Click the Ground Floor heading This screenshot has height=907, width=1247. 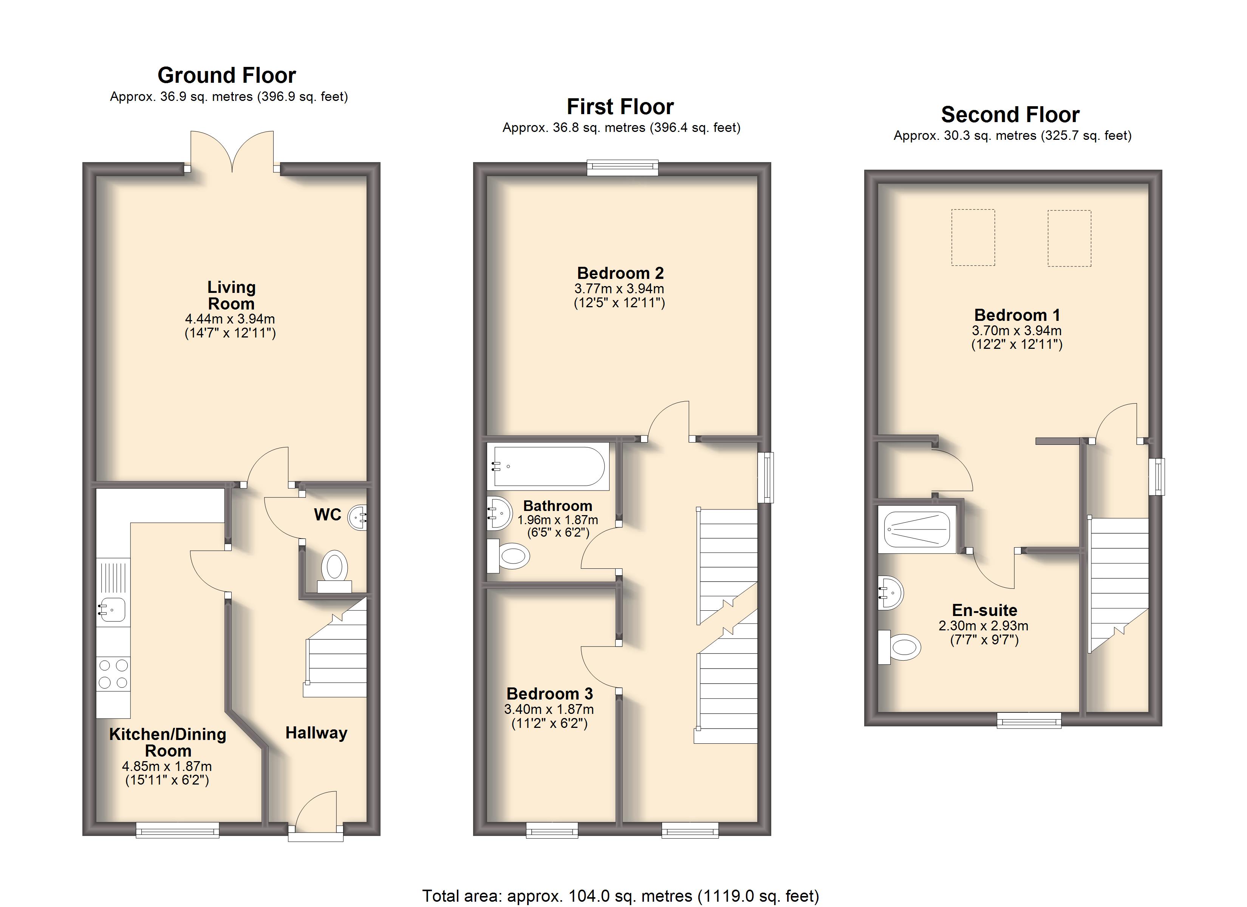click(x=226, y=75)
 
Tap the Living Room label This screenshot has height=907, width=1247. click(x=231, y=296)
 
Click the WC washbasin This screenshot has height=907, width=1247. click(x=357, y=517)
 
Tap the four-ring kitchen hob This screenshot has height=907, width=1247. click(x=113, y=674)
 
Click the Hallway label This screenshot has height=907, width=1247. click(x=316, y=733)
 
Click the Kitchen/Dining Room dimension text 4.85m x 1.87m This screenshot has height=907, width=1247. click(x=167, y=766)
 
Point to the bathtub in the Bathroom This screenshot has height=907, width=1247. click(x=549, y=466)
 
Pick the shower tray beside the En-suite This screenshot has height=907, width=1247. click(x=917, y=530)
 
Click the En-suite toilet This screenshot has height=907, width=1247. click(x=899, y=647)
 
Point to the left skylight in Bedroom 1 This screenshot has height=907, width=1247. click(x=973, y=238)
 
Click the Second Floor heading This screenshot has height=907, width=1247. click(x=1010, y=115)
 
